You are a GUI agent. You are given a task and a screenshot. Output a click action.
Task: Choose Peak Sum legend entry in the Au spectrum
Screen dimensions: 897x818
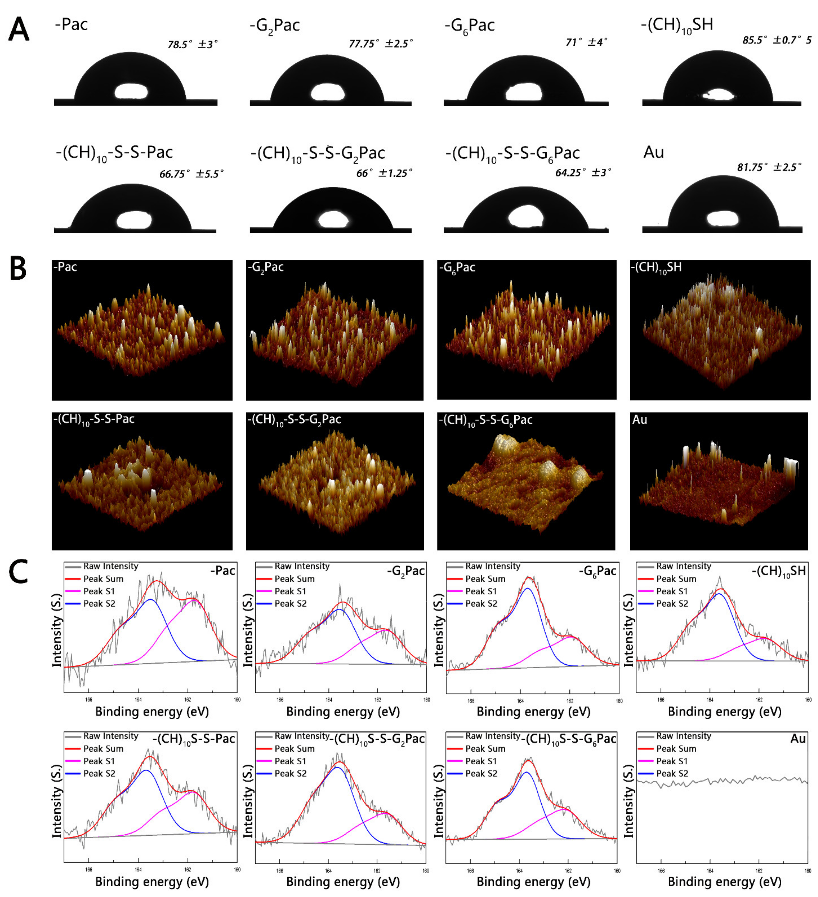click(x=676, y=749)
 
